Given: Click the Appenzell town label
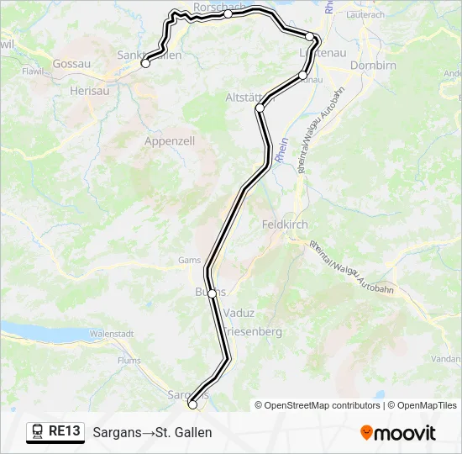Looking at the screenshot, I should (x=170, y=141).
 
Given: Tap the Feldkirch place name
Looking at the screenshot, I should (x=285, y=225).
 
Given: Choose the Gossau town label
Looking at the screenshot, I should (x=71, y=63).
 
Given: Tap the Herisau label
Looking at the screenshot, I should (x=91, y=90).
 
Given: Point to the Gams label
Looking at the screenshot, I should (x=189, y=261).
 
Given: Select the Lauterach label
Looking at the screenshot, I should (x=365, y=15).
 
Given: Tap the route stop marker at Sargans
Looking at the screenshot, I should (x=192, y=404).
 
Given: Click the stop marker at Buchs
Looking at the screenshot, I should (x=213, y=293).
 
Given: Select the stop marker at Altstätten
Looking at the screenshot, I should (x=260, y=108).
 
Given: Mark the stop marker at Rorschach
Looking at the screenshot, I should (x=228, y=13).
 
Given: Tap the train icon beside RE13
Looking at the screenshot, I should (x=38, y=432).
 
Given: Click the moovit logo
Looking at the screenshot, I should (x=398, y=433).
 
